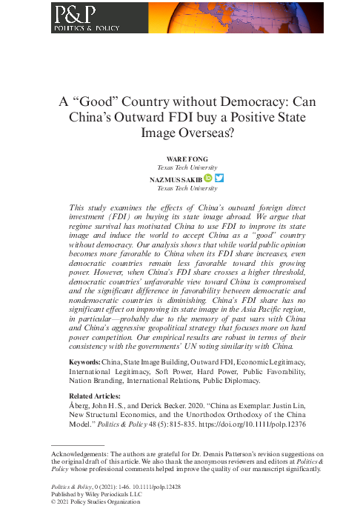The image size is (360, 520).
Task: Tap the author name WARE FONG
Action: (x=181, y=159)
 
